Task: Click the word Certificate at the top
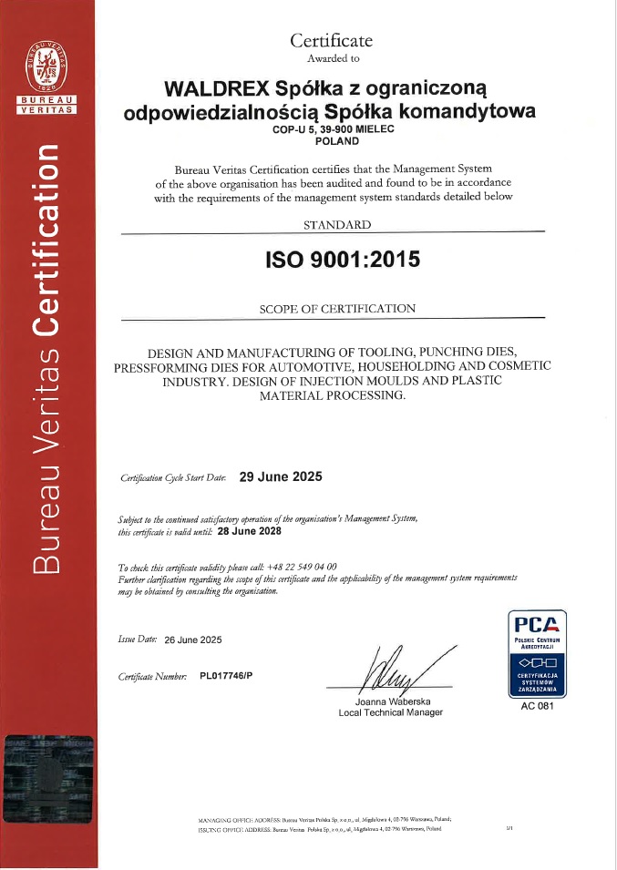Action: (331, 40)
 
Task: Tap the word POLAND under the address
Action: (335, 142)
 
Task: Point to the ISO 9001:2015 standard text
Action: (342, 259)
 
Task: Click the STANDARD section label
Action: (337, 225)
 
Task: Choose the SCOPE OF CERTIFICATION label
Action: (337, 309)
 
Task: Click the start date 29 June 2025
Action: (280, 476)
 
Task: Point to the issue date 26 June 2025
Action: (193, 640)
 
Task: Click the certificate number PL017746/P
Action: (228, 677)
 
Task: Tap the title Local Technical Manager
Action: (390, 712)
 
